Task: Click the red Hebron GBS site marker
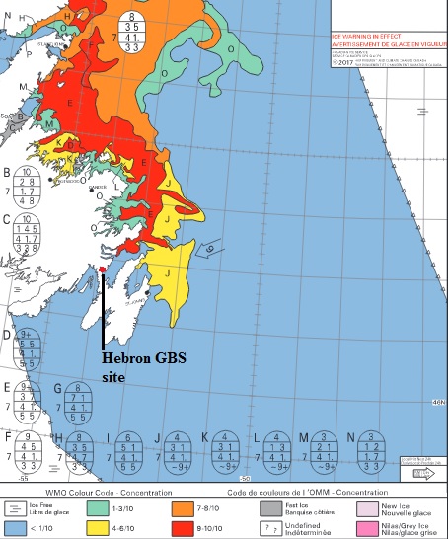[103, 269]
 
